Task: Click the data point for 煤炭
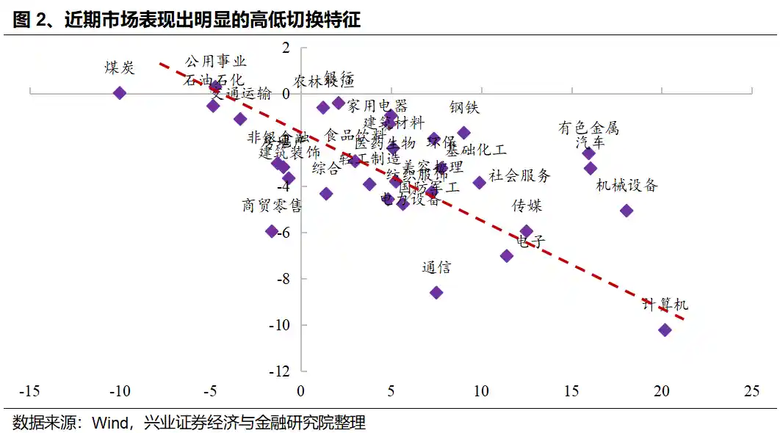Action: coord(120,92)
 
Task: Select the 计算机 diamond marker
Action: coord(665,330)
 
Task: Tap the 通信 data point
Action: coord(436,292)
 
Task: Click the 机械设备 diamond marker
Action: coord(626,211)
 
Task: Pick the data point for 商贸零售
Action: coord(272,231)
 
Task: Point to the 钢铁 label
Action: coord(464,108)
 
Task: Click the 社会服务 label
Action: coord(519,175)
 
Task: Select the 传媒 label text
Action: coord(527,205)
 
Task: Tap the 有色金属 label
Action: coord(588,128)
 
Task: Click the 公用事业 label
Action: coord(216,62)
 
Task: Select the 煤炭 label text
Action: coord(120,68)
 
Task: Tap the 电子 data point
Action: coord(507,255)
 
